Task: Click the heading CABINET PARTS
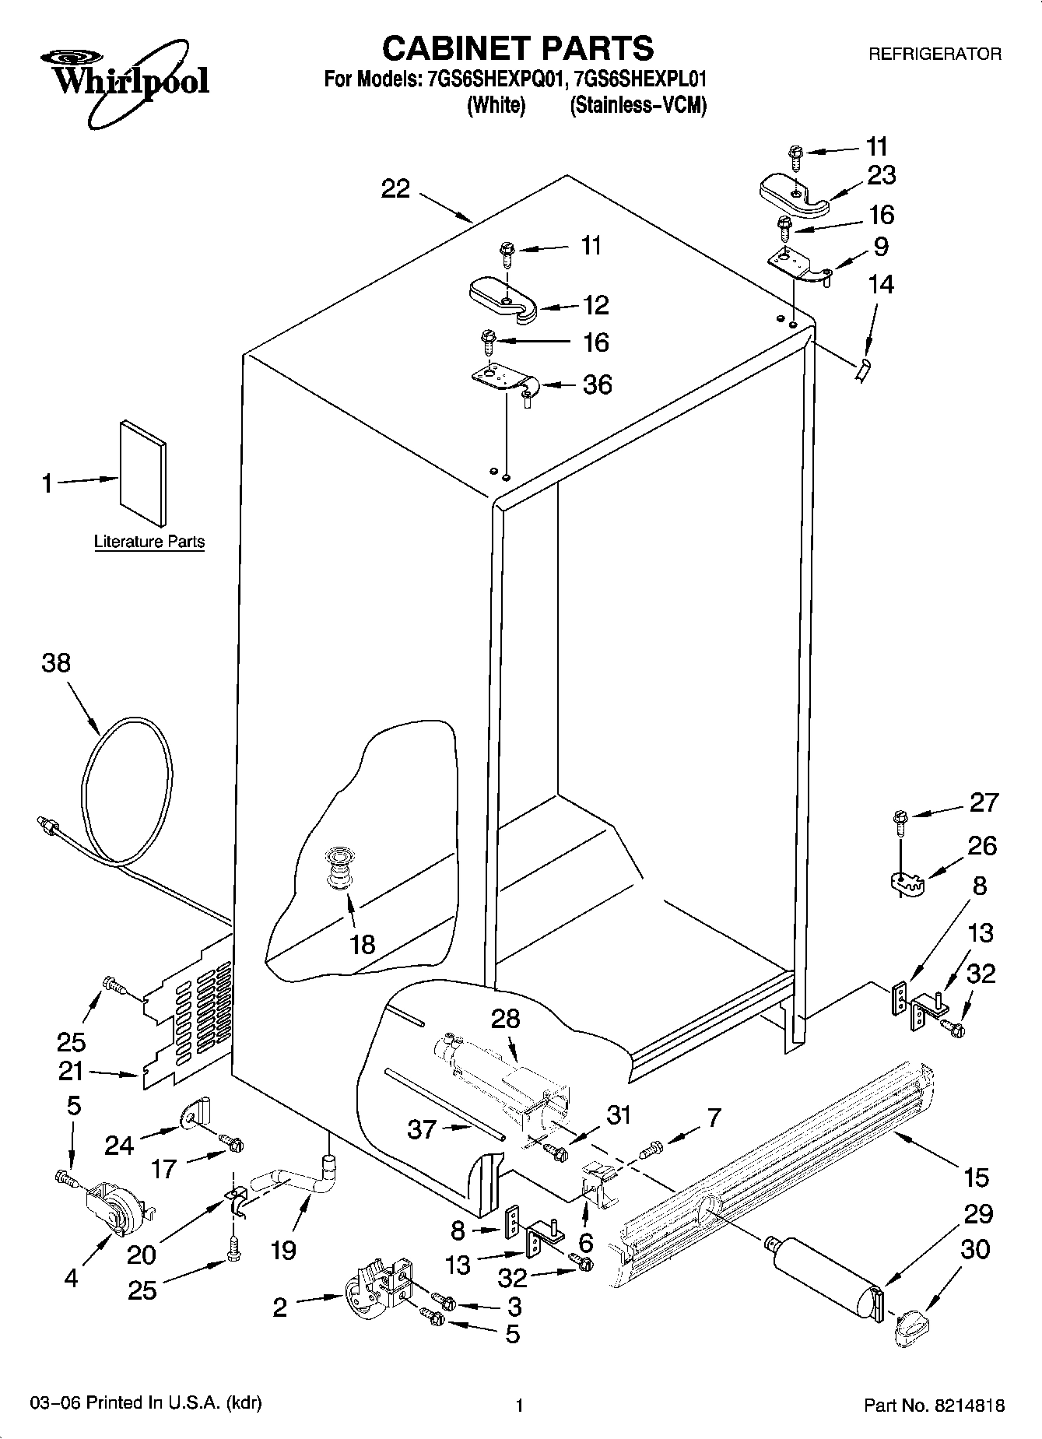517,48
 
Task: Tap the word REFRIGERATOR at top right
934,54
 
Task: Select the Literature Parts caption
149,542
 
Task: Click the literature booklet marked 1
142,472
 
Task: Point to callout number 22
395,188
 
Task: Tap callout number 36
597,384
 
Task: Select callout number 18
363,944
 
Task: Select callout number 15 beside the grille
976,1178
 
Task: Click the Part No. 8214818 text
934,1406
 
